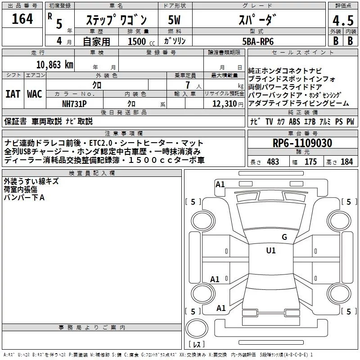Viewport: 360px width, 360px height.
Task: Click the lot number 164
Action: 22,18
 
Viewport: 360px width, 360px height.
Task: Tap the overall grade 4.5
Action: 343,20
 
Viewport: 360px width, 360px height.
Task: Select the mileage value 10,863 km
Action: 54,65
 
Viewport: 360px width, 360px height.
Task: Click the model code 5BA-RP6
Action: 258,41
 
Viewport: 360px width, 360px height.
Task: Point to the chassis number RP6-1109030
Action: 302,143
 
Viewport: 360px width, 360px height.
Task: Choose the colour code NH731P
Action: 74,104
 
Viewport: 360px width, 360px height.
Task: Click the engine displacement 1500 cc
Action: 141,41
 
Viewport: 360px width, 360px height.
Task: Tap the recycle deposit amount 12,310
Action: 224,104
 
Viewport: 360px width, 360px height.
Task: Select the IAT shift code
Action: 13,94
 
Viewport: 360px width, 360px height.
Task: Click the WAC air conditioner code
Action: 35,94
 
